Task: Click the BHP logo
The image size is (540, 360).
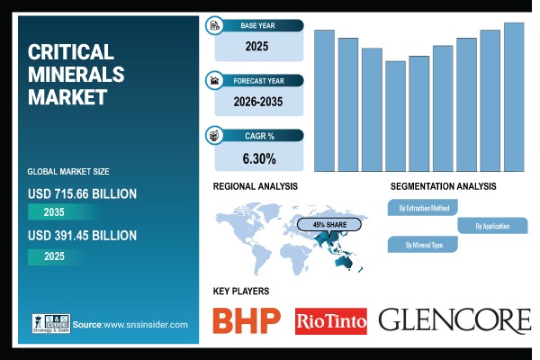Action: point(246,319)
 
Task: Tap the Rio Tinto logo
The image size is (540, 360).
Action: point(331,320)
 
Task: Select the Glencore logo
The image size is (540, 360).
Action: point(454,319)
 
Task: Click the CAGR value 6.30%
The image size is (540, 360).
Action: point(258,159)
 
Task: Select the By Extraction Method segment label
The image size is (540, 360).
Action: point(423,208)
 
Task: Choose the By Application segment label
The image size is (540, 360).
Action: point(491,226)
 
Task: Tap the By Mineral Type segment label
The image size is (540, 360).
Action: point(422,244)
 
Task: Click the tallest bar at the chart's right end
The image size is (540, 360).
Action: point(514,96)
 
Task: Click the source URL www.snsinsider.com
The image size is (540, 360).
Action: point(143,324)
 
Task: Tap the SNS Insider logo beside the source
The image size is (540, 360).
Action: point(49,324)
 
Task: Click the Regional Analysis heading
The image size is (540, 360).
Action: point(255,186)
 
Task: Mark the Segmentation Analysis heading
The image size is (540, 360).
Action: point(443,186)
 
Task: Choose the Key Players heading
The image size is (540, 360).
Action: point(240,291)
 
